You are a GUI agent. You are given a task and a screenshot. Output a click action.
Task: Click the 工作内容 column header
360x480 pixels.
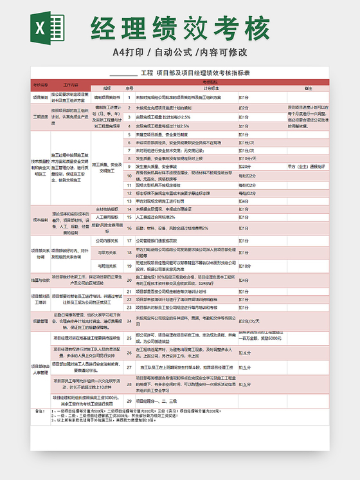click(x=71, y=85)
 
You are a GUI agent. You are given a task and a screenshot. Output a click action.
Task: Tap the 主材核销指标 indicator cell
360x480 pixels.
click(x=107, y=209)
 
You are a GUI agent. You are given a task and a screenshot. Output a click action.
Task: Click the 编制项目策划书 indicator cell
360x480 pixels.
click(x=107, y=97)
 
